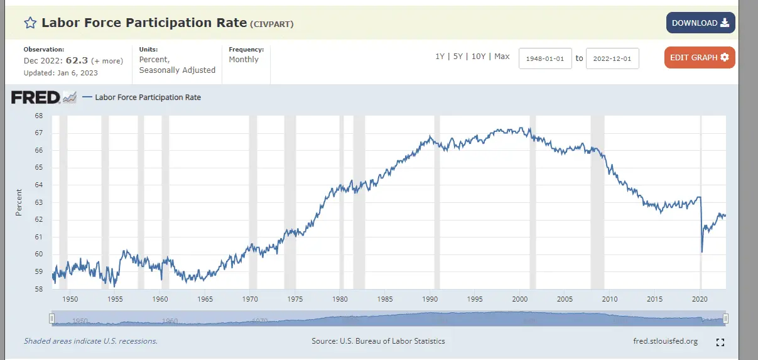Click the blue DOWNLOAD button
pos(700,23)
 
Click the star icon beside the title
pos(30,23)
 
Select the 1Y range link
pos(440,57)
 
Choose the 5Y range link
pos(458,57)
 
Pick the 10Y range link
pos(479,57)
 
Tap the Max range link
pos(502,57)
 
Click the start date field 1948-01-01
pos(545,58)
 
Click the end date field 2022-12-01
pos(612,58)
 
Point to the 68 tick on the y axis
pos(38,116)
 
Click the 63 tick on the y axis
pos(38,202)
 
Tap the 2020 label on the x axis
pos(700,299)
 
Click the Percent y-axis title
pos(19,202)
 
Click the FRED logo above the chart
pos(36,97)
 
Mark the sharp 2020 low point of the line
pos(702,252)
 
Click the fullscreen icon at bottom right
pos(720,342)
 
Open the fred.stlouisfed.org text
pos(666,341)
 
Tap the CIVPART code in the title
pos(272,25)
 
